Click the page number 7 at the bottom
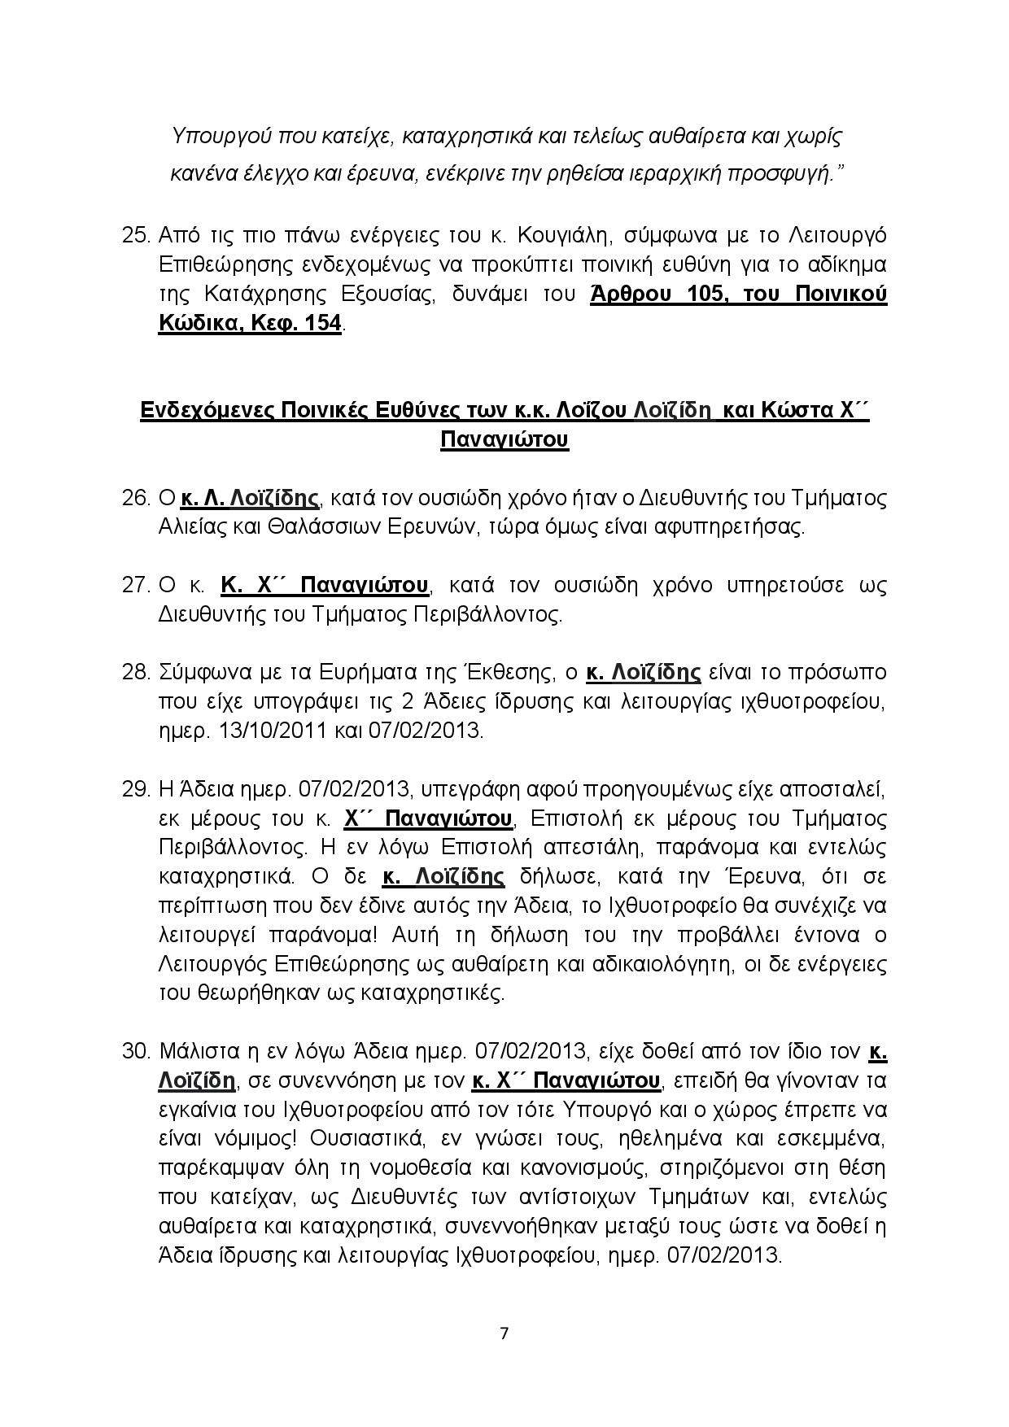click(x=504, y=1333)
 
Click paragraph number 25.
click(x=136, y=236)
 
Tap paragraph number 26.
click(x=136, y=498)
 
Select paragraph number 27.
click(x=136, y=585)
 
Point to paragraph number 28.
click(x=136, y=673)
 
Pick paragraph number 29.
click(x=136, y=789)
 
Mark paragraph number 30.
click(x=136, y=1052)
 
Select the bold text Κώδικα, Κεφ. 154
click(x=250, y=324)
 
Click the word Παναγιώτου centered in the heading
click(x=504, y=440)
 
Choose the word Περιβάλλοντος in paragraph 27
click(x=487, y=614)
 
